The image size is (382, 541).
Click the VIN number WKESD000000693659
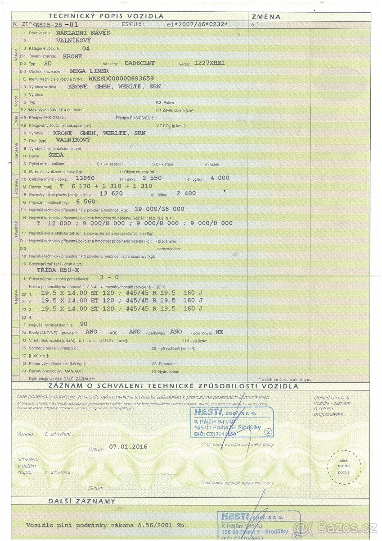(x=121, y=78)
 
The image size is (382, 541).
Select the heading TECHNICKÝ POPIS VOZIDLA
(x=106, y=16)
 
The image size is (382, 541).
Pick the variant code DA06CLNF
(x=140, y=64)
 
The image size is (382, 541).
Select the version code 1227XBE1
(x=209, y=63)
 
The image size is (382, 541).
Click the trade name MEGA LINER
(x=90, y=71)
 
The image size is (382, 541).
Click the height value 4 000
(x=220, y=178)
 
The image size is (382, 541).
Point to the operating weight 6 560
(x=86, y=202)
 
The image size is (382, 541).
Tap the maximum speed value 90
(x=83, y=324)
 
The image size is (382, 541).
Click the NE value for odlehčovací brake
(x=219, y=332)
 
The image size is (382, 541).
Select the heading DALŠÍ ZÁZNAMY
(x=82, y=501)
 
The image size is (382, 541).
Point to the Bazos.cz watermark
(x=335, y=527)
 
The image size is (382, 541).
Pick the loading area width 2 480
(x=186, y=193)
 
